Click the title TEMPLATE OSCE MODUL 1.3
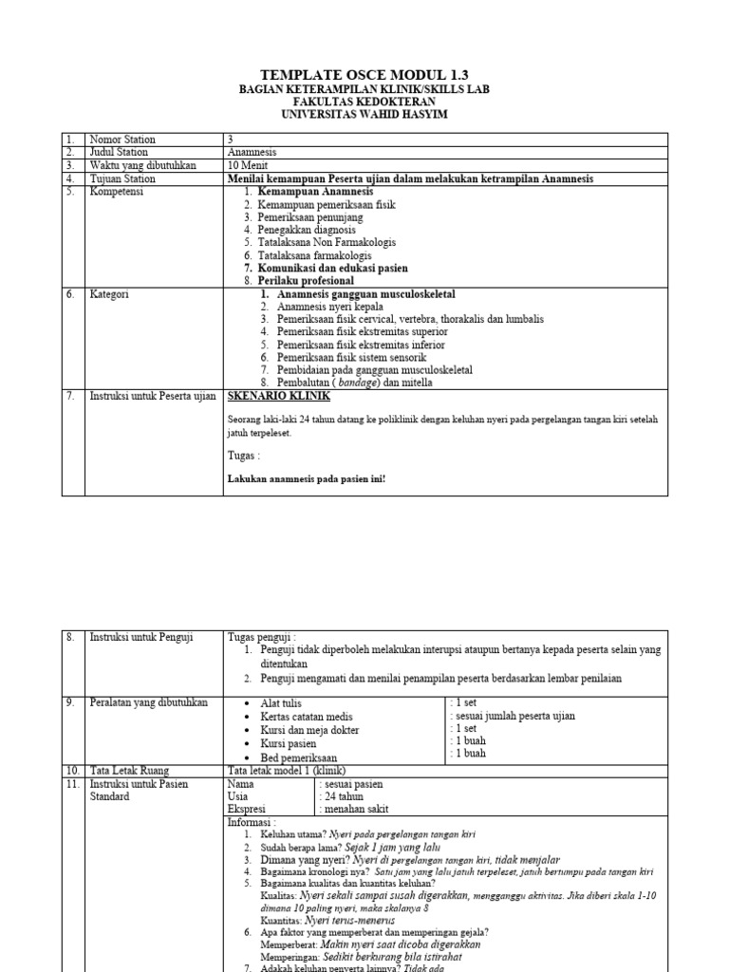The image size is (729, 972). pyautogui.click(x=364, y=75)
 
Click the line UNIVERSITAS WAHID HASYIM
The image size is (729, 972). pyautogui.click(x=364, y=115)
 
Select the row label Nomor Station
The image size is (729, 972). pyautogui.click(x=121, y=140)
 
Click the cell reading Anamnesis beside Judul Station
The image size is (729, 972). pyautogui.click(x=253, y=152)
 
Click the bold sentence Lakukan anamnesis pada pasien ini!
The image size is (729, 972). pyautogui.click(x=307, y=479)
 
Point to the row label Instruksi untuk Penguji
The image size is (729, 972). pyautogui.click(x=140, y=637)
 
